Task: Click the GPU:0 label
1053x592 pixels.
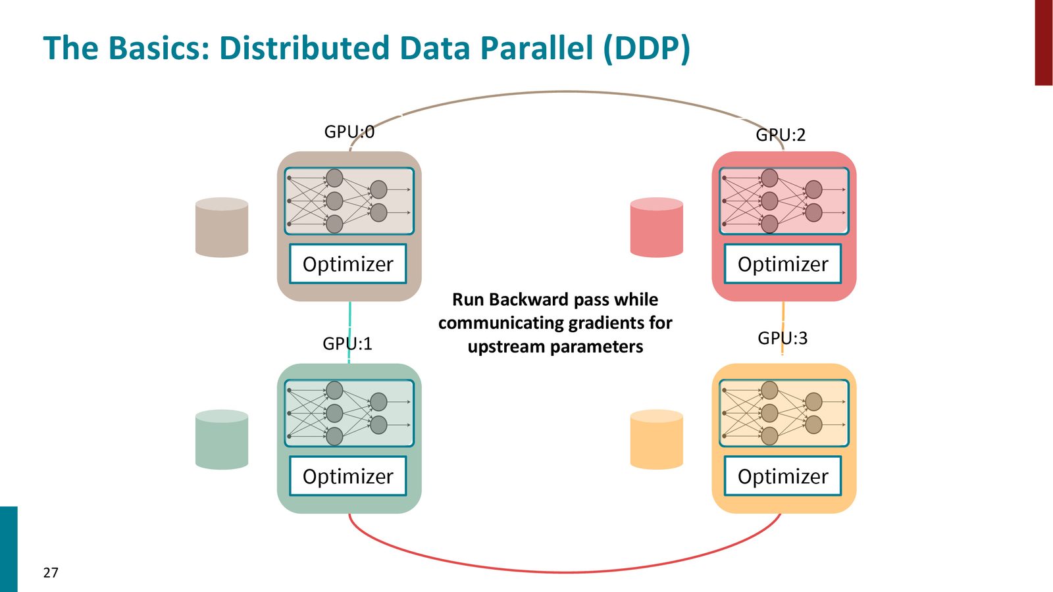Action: [349, 132]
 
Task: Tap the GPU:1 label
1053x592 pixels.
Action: [347, 344]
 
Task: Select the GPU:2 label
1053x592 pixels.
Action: [781, 136]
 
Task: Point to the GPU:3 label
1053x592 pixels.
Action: [783, 338]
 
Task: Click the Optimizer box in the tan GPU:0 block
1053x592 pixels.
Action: [348, 264]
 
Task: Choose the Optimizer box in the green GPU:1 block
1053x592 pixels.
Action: [348, 476]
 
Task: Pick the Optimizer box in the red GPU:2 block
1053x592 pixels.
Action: [783, 264]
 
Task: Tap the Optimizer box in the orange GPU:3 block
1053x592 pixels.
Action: [783, 476]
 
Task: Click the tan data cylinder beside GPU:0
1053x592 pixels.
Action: [222, 228]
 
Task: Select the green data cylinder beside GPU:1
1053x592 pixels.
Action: [222, 440]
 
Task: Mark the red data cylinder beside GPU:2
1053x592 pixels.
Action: [657, 228]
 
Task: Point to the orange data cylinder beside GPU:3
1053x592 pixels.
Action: [657, 440]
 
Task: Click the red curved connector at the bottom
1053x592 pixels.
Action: [564, 572]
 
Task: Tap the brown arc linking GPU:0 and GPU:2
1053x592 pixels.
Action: [567, 91]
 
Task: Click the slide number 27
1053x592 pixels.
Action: [51, 573]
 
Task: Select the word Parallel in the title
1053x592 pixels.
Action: [536, 48]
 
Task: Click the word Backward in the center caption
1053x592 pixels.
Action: [527, 299]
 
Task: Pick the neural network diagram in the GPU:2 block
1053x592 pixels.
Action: [784, 201]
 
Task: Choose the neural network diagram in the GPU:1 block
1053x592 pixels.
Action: [349, 414]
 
